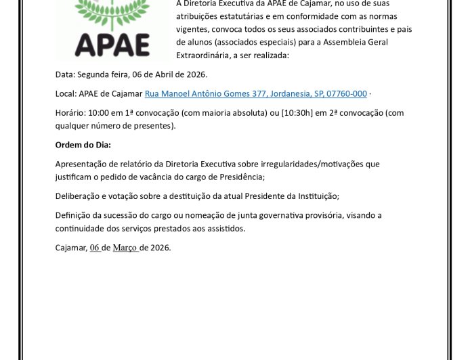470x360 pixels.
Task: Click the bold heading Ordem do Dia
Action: click(83, 145)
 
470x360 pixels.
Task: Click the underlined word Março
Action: click(125, 248)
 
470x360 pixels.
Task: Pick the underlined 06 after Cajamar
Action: click(95, 248)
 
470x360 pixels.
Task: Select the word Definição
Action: click(73, 215)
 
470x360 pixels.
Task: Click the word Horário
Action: click(70, 113)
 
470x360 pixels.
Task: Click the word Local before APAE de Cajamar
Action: click(65, 93)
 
